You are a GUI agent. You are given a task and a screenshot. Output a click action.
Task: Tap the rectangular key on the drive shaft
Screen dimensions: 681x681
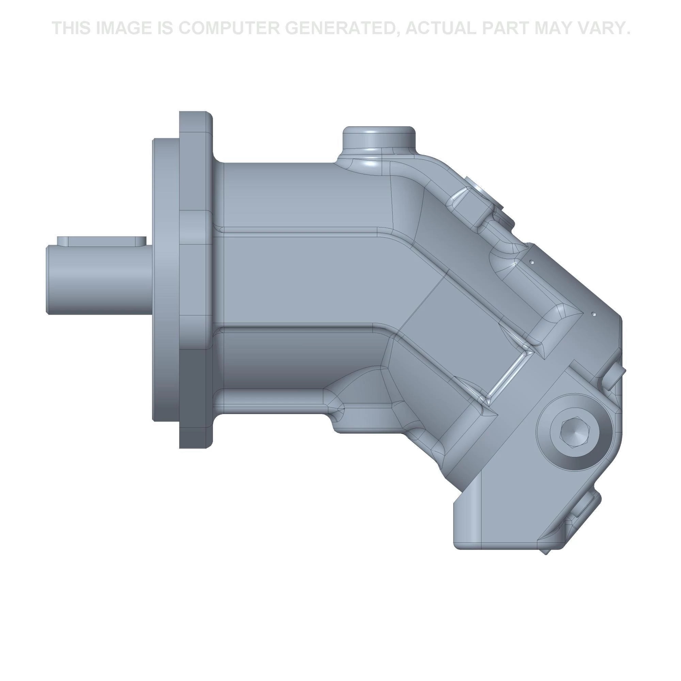pyautogui.click(x=102, y=241)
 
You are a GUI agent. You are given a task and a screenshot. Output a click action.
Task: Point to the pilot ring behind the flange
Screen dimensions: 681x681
pyautogui.click(x=166, y=279)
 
